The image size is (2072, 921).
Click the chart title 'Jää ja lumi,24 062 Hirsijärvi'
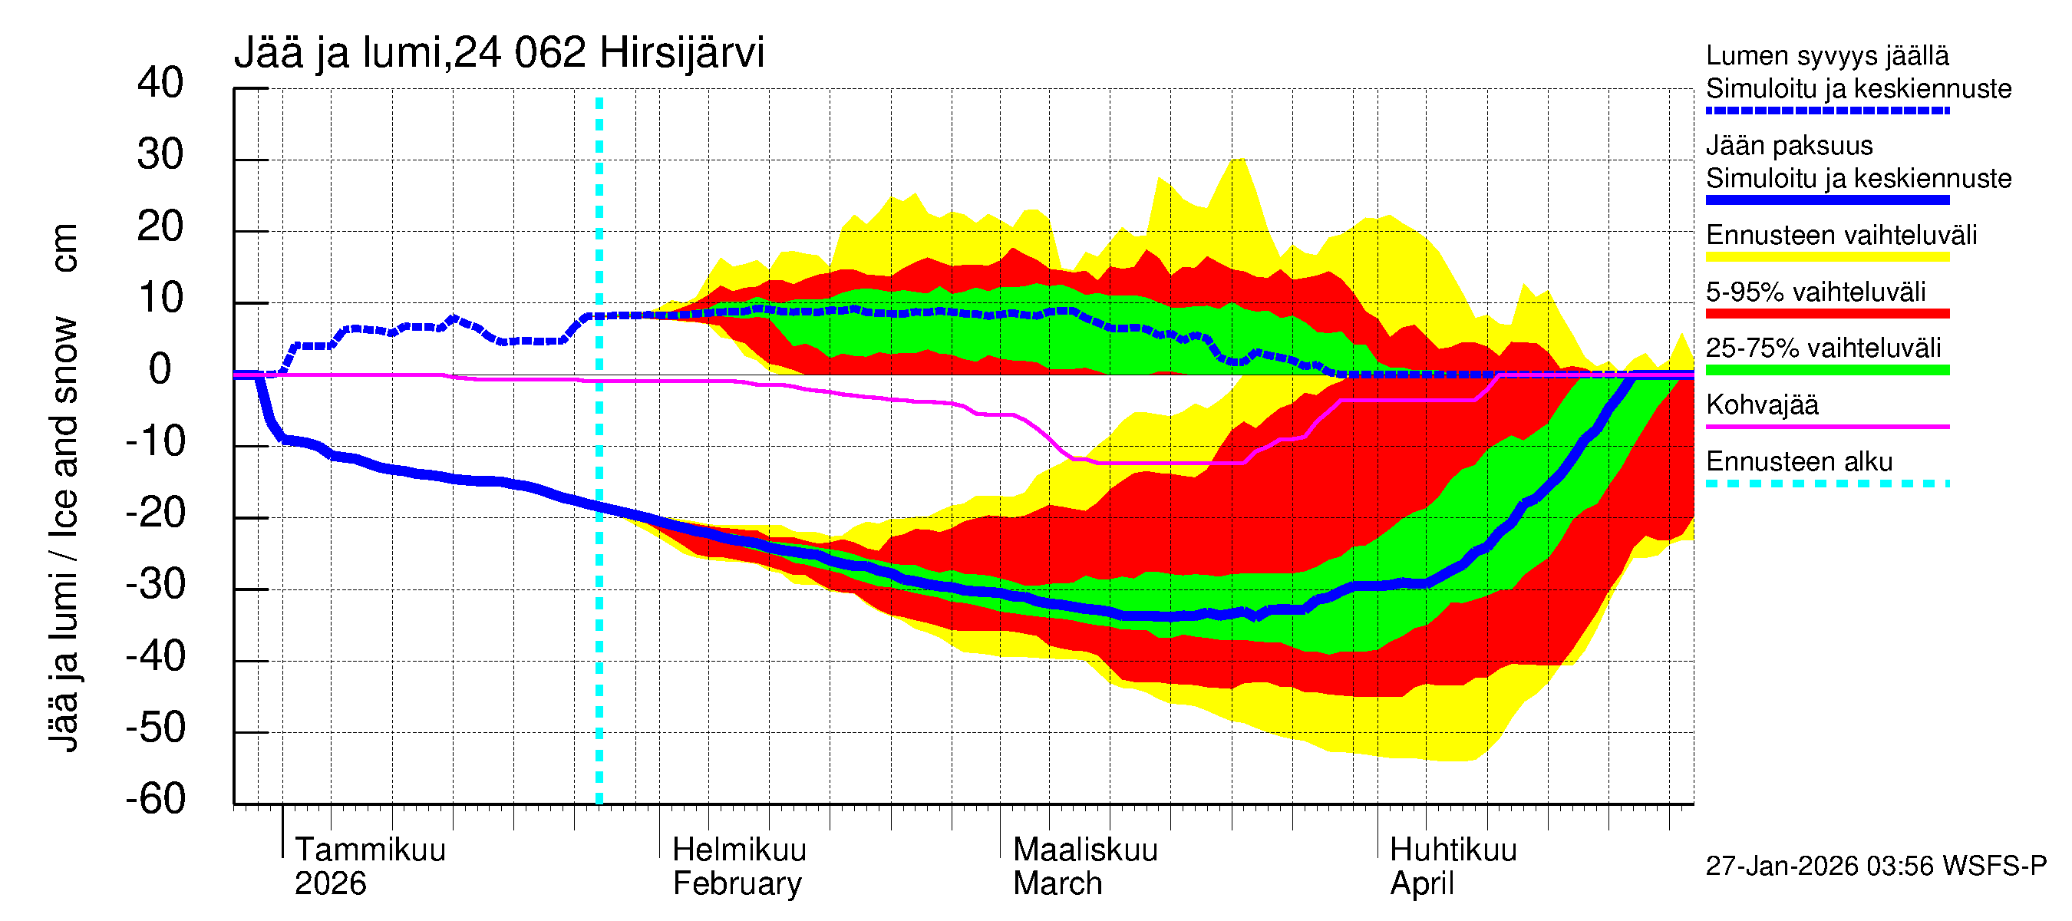(499, 53)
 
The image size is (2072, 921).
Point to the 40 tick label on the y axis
(160, 83)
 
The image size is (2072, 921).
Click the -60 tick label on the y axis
(155, 799)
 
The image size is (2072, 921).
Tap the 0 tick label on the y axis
(160, 369)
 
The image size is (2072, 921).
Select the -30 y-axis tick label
(155, 584)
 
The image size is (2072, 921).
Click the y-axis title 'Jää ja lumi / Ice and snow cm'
(63, 487)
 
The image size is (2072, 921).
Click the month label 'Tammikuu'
(370, 850)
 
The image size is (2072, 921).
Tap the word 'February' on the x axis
(737, 884)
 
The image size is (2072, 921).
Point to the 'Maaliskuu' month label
(1085, 850)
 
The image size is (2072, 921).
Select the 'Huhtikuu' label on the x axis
(1453, 850)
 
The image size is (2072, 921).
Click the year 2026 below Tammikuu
(330, 884)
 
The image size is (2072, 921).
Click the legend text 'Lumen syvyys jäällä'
(1827, 55)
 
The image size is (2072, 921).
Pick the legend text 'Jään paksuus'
(1789, 146)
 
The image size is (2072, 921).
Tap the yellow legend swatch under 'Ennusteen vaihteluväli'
(1827, 257)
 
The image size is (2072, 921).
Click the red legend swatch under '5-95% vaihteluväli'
(1827, 314)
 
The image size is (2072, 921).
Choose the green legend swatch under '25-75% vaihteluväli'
(1827, 370)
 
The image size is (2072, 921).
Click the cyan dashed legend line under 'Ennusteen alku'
(1827, 484)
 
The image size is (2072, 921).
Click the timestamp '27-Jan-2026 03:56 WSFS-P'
(1876, 867)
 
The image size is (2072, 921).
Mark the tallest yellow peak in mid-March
(1239, 160)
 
